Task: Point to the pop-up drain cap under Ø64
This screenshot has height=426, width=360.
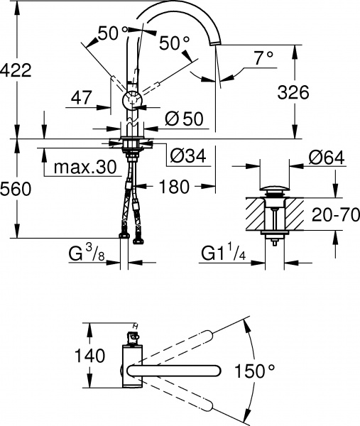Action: coord(273,191)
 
